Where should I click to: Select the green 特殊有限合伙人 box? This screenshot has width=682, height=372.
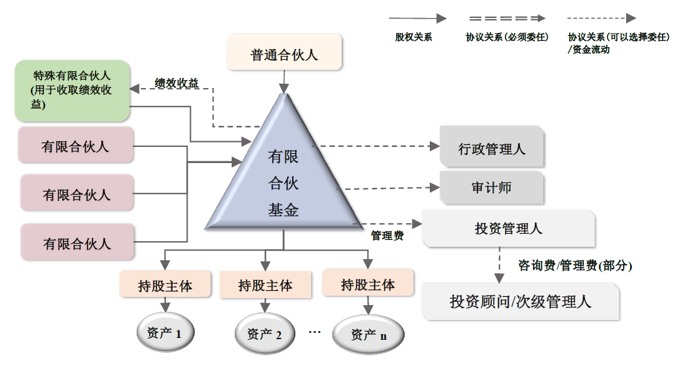(x=72, y=90)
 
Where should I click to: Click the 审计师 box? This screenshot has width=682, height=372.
(x=492, y=187)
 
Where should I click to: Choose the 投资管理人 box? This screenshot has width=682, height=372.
(x=508, y=228)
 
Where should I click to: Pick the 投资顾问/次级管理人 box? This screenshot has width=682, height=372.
(x=521, y=301)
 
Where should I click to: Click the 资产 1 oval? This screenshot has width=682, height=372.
(x=165, y=333)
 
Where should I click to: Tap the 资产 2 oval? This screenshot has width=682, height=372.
(x=265, y=334)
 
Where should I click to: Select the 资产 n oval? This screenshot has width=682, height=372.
(x=368, y=335)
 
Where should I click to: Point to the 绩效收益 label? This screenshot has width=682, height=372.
(x=176, y=83)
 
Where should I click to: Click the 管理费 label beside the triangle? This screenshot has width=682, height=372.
(x=387, y=236)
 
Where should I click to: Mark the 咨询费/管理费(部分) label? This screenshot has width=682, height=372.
(x=575, y=265)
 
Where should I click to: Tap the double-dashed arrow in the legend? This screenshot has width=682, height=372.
(x=507, y=18)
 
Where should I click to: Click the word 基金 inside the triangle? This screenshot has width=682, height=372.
(x=284, y=210)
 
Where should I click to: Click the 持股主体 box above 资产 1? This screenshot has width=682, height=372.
(x=165, y=285)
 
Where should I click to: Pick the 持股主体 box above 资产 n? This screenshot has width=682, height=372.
(x=368, y=284)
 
